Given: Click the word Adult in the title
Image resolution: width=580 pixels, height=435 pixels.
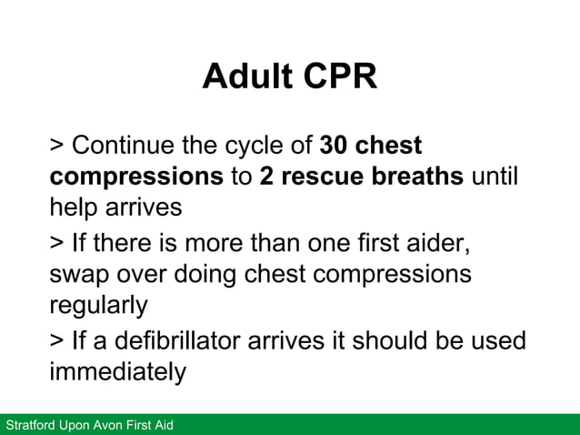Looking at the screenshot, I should pyautogui.click(x=241, y=77).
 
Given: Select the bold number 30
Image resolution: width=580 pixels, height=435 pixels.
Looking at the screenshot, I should pyautogui.click(x=334, y=146).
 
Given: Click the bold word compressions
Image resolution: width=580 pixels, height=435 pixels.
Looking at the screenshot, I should pyautogui.click(x=136, y=176).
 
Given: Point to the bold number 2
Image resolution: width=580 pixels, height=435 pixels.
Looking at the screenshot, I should pyautogui.click(x=266, y=176).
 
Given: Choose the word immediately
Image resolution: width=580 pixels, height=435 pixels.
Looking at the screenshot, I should pyautogui.click(x=117, y=372).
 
